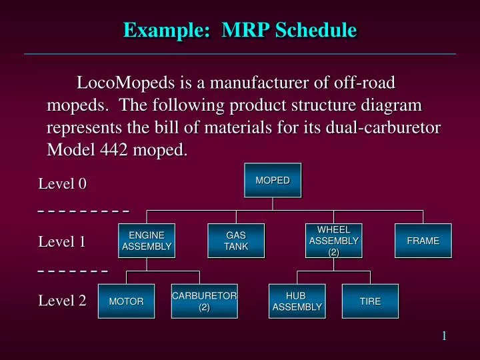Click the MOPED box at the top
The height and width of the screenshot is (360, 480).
click(273, 181)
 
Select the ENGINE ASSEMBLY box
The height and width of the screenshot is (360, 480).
click(147, 241)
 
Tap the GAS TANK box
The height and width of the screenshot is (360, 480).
click(236, 241)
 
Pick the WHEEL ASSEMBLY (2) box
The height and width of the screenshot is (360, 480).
click(333, 241)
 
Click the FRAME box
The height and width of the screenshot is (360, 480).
click(423, 241)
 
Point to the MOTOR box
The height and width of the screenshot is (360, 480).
click(126, 301)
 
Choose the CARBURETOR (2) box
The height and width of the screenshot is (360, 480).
click(204, 301)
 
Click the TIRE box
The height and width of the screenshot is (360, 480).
click(370, 301)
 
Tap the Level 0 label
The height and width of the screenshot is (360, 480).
click(63, 184)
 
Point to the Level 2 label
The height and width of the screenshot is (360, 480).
click(63, 301)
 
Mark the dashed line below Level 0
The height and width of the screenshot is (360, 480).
click(83, 211)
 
